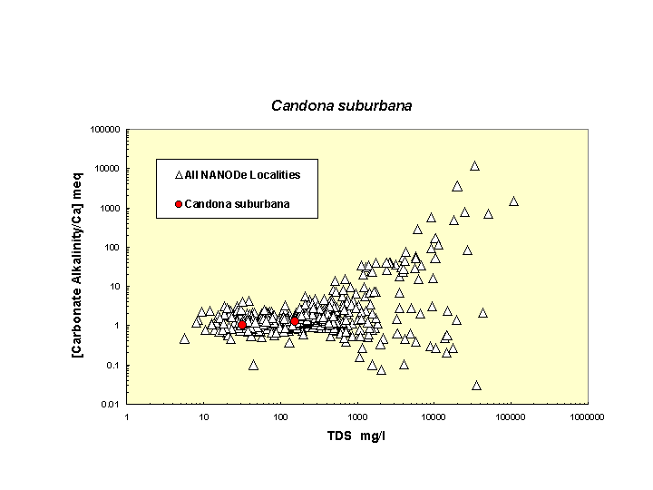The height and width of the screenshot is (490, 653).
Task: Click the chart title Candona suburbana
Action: pos(342,106)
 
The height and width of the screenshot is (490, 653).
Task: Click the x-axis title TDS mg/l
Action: pos(357,436)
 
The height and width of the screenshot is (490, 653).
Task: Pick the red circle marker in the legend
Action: pos(179,204)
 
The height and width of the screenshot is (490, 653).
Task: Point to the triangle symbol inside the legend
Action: pos(179,174)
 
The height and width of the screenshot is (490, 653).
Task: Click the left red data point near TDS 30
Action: pos(242,325)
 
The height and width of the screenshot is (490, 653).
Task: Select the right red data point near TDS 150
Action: pos(295,321)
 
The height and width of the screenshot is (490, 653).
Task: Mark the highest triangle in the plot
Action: pos(474,166)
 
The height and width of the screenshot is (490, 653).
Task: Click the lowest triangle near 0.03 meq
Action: pos(476,385)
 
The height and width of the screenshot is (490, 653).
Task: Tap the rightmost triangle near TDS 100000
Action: pos(513,201)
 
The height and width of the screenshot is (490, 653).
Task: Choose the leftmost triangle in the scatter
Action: pos(184,338)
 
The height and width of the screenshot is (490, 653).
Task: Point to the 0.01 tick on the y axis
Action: pos(111,405)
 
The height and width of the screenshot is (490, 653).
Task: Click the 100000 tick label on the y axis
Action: pos(105,129)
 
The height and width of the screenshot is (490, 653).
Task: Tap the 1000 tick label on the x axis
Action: pos(357,417)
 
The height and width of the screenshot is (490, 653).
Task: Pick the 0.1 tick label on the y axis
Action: pos(112,366)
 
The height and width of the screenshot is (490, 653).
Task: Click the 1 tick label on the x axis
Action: pos(128,417)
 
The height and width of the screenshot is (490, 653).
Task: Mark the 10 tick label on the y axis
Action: pos(114,287)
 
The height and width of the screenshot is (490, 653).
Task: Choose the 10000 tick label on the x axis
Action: pos(434,417)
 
